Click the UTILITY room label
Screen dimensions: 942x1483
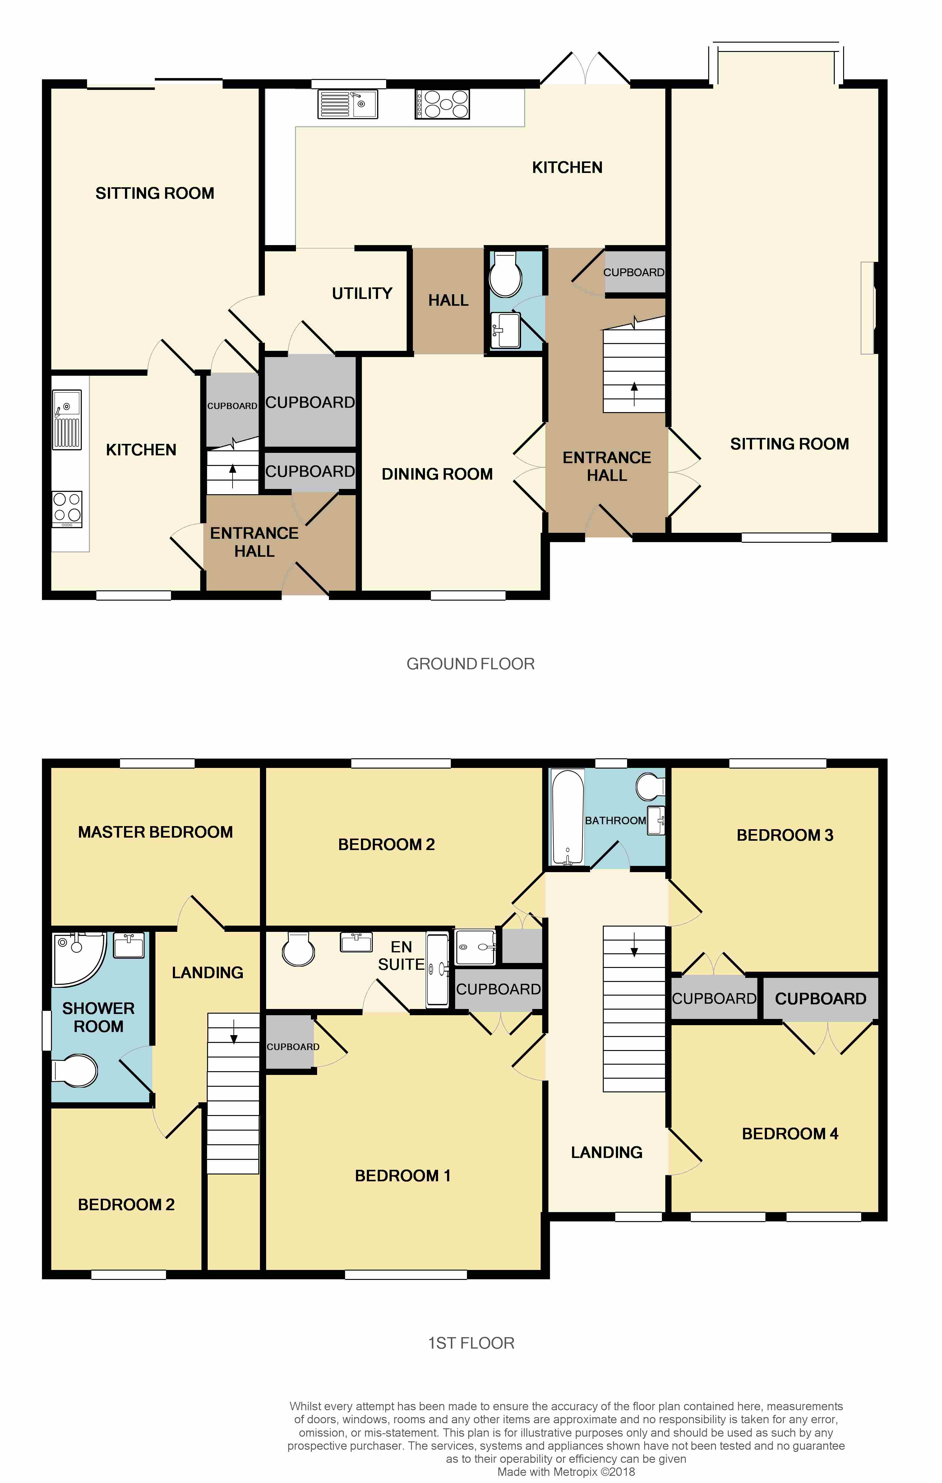[x=362, y=293]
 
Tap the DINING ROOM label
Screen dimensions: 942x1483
[x=437, y=474]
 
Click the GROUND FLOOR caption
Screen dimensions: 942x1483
[x=470, y=664]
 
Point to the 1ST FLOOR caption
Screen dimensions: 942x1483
[x=471, y=1343]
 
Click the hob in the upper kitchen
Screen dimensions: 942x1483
[x=442, y=104]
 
